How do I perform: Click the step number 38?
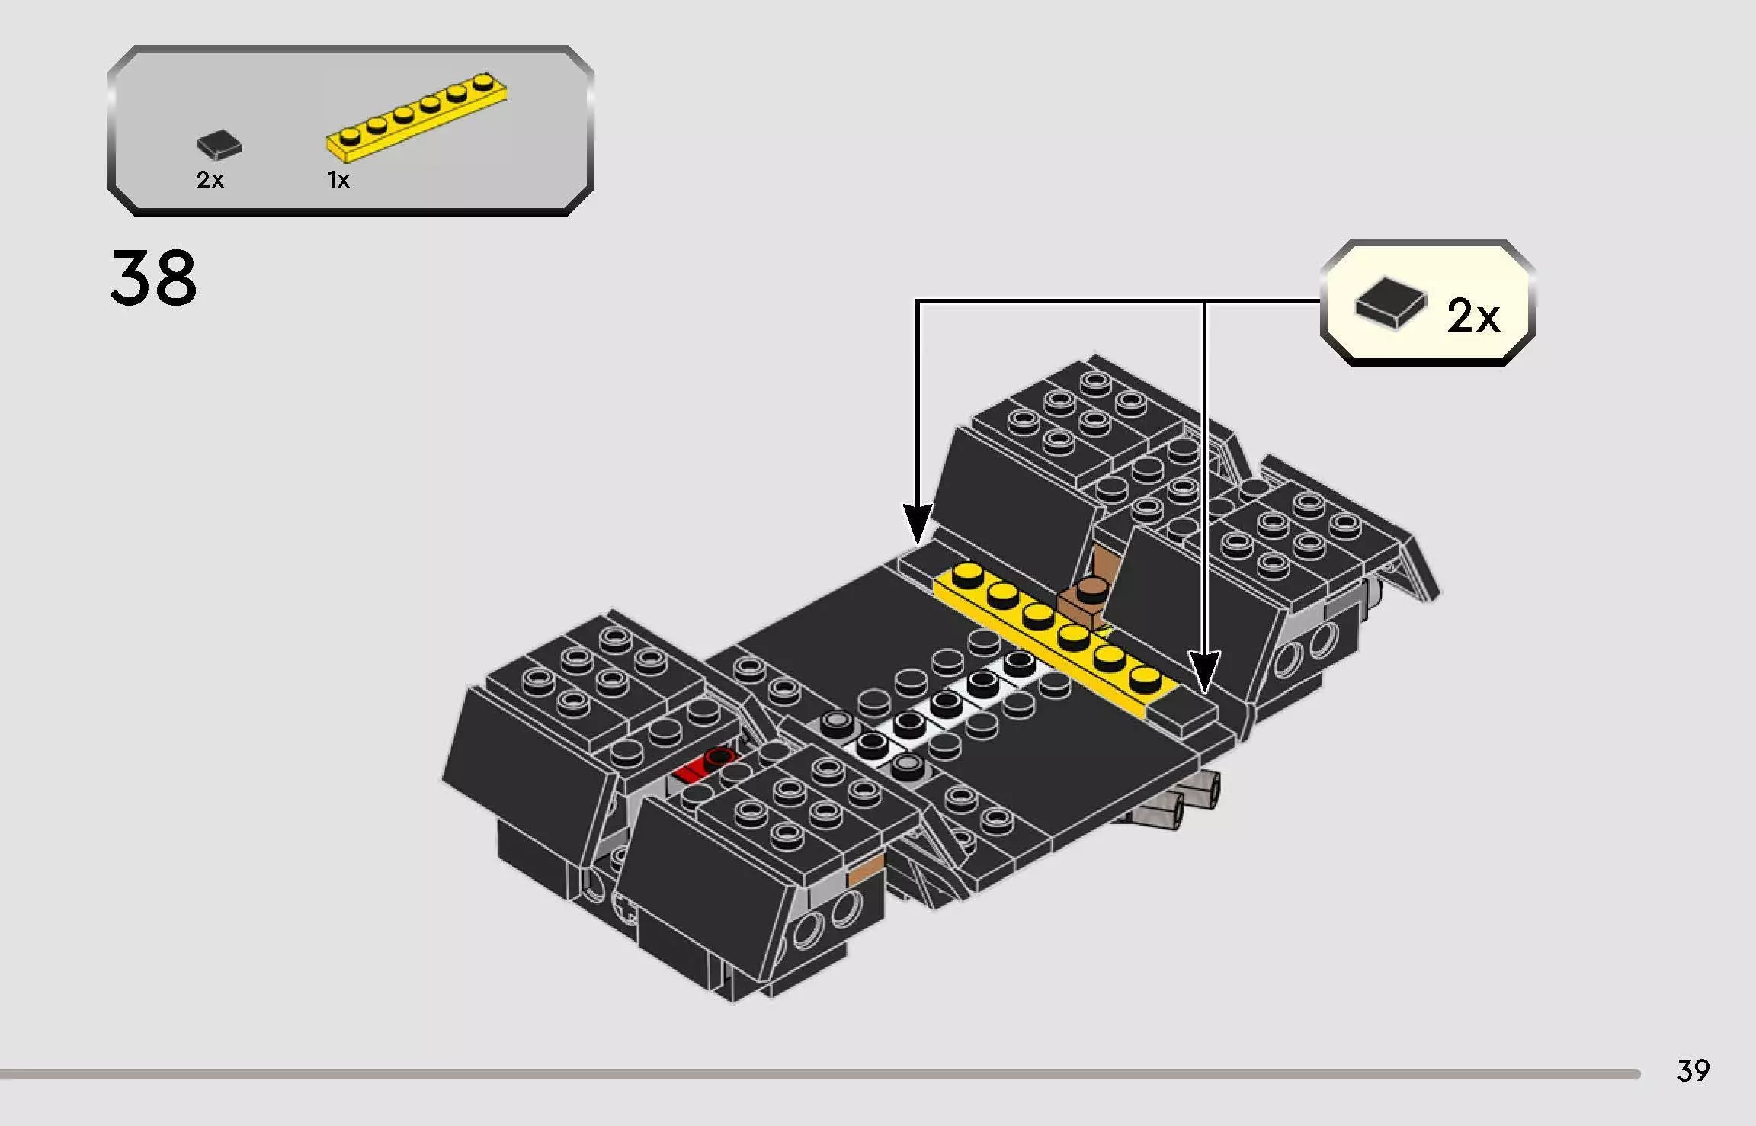(154, 277)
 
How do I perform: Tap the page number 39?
(1693, 1070)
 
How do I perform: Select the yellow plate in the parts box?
(416, 117)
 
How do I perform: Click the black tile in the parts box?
(219, 144)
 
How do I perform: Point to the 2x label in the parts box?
(210, 180)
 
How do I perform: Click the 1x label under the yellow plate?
(338, 180)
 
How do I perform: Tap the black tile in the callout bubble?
(1390, 303)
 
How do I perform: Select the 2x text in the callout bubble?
(1472, 316)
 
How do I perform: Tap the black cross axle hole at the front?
(626, 909)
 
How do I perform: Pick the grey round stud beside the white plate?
(837, 720)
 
